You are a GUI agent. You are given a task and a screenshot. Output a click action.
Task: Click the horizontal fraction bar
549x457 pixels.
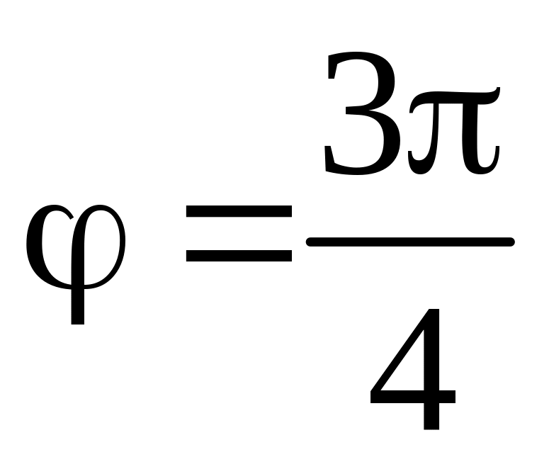pos(409,242)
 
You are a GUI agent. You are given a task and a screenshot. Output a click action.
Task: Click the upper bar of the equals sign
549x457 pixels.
pos(238,211)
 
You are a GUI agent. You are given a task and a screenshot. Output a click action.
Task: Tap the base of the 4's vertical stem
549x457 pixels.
pos(431,425)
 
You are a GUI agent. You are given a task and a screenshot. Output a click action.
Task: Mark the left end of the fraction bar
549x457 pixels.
pos(309,242)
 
